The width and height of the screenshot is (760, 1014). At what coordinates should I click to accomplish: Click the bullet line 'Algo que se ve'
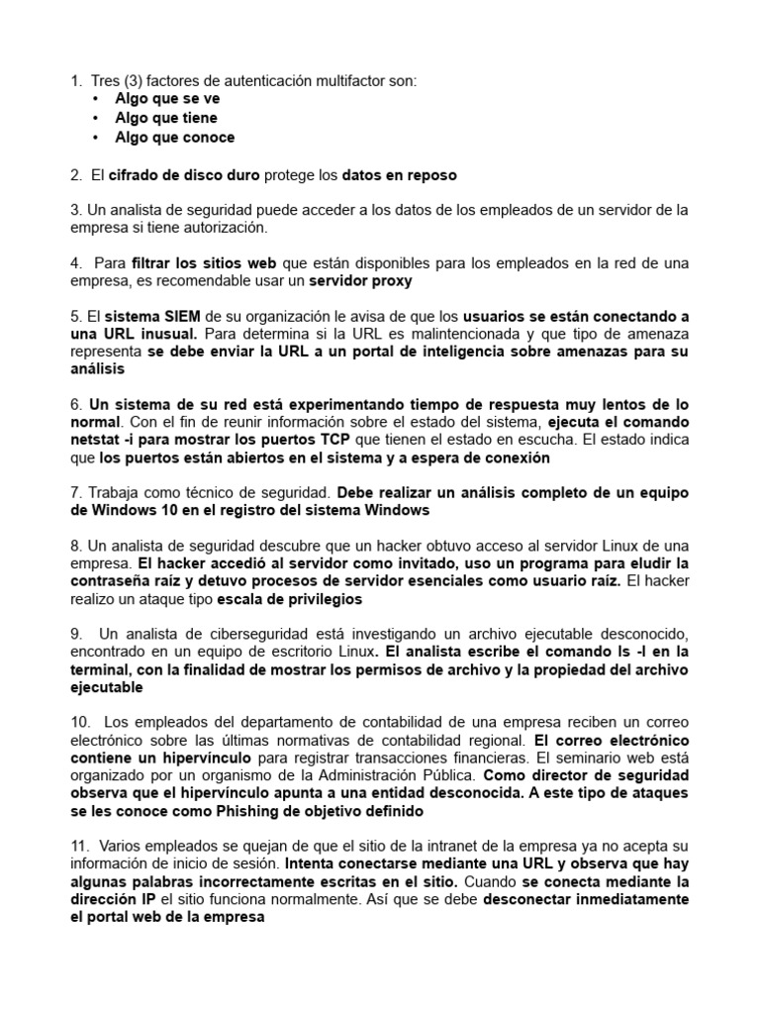[167, 99]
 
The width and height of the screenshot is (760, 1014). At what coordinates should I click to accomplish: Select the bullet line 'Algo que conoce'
[175, 138]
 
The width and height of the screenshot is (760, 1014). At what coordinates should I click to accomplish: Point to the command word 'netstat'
[96, 441]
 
